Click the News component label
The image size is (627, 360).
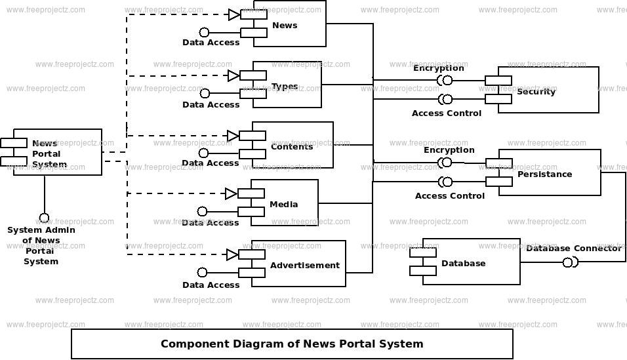tap(285, 25)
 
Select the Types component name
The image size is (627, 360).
tap(285, 87)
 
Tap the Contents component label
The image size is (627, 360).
tap(292, 147)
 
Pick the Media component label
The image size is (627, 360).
tap(283, 205)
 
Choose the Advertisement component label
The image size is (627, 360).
tap(305, 265)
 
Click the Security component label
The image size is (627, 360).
tap(536, 92)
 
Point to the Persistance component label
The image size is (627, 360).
tap(544, 174)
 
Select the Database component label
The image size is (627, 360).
tap(464, 263)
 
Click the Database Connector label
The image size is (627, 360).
tap(574, 249)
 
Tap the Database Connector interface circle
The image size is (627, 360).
tap(567, 263)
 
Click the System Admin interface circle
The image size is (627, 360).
tap(44, 218)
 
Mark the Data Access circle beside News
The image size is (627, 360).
tap(205, 32)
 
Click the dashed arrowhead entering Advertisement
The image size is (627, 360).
tap(233, 254)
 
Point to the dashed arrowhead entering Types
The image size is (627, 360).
tap(234, 75)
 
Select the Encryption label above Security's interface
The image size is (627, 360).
tap(439, 68)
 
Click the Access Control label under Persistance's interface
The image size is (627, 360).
tap(450, 195)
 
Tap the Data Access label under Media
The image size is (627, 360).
tap(211, 222)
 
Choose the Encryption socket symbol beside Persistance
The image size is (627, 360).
tap(445, 163)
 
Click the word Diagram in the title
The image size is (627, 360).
tap(265, 344)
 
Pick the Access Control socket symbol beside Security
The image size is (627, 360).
tap(445, 99)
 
